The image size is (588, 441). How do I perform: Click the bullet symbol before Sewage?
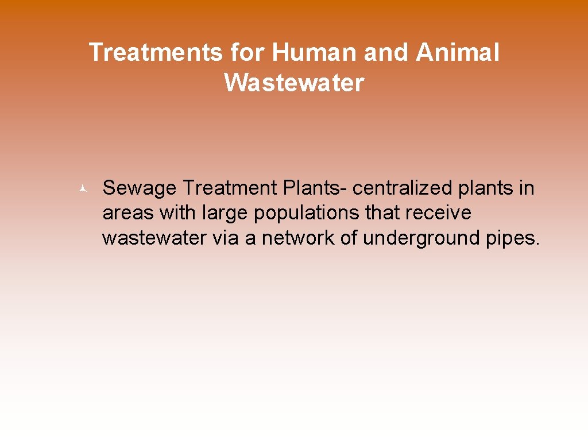click(83, 188)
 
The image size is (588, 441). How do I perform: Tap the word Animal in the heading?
click(458, 53)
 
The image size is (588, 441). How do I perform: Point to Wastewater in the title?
click(294, 83)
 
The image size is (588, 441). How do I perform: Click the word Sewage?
click(140, 188)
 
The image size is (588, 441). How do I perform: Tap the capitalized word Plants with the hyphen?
click(314, 188)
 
